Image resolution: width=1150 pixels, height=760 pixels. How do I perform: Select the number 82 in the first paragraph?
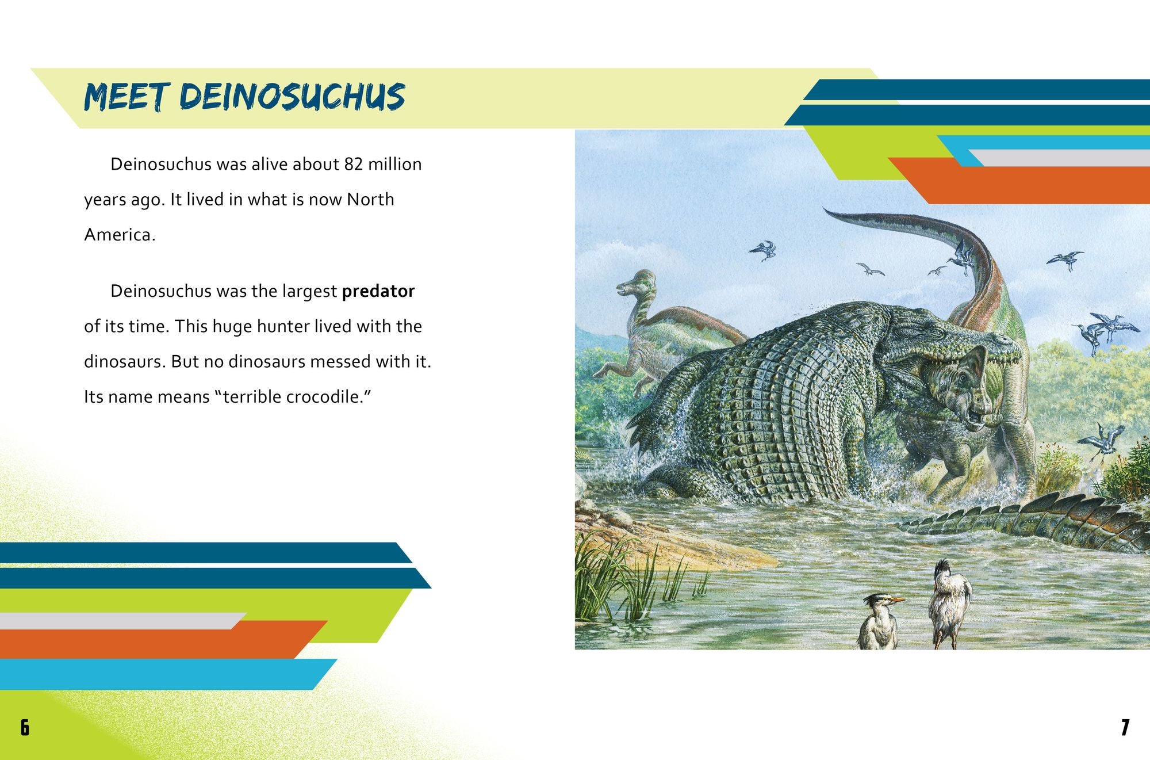(353, 165)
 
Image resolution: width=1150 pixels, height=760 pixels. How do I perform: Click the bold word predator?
(378, 291)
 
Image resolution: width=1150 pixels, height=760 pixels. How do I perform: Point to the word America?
(119, 235)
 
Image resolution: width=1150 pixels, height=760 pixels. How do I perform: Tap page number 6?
(25, 728)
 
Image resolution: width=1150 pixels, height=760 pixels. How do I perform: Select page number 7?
(1125, 728)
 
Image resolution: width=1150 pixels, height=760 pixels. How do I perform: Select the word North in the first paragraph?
(370, 200)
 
